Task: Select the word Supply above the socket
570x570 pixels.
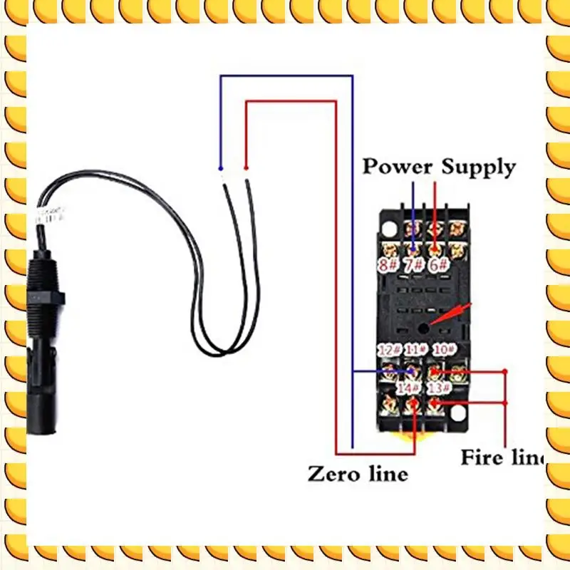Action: [x=477, y=167]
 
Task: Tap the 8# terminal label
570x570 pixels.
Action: [x=388, y=266]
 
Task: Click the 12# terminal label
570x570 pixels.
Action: [x=390, y=350]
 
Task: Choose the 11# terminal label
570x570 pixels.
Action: [x=415, y=350]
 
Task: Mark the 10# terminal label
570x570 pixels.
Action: [x=445, y=350]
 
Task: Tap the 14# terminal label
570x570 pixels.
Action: [x=409, y=388]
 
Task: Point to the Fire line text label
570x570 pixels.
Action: [x=502, y=457]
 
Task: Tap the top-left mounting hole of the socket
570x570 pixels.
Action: [x=388, y=227]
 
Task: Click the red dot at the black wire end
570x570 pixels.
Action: [x=246, y=167]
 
